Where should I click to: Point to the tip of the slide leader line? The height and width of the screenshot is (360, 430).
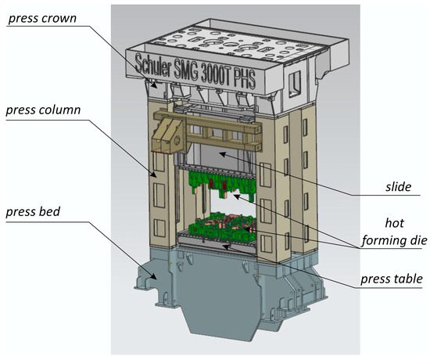click(x=220, y=153)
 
